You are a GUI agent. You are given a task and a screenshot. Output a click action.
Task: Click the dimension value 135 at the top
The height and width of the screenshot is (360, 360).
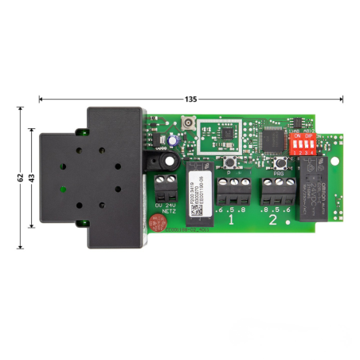point(190,100)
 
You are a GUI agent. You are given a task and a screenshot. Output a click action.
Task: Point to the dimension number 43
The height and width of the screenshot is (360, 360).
point(32,177)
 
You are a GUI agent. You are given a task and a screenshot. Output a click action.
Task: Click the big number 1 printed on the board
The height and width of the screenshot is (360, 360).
point(232,217)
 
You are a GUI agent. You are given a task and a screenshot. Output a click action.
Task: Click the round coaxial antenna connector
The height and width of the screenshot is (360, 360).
point(190,124)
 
